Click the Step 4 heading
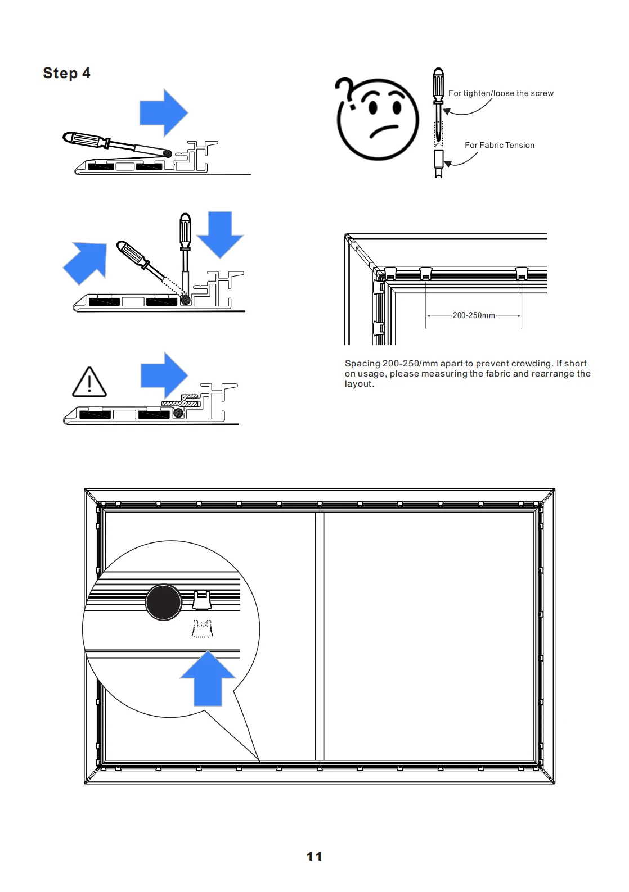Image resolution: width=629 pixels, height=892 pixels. tap(66, 73)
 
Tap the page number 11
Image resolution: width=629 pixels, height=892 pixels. tap(314, 856)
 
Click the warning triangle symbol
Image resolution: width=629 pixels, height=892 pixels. tap(89, 382)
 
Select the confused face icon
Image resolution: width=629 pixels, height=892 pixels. tap(378, 119)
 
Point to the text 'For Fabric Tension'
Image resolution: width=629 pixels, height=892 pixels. tap(499, 145)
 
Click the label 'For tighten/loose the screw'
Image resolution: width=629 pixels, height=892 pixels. tap(501, 93)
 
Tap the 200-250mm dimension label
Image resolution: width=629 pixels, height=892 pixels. tap(474, 315)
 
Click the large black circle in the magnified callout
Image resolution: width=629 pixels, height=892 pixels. tap(164, 602)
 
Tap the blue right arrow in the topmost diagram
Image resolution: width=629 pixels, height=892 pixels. tap(163, 112)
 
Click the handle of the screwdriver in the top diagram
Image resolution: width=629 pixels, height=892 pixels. tap(84, 139)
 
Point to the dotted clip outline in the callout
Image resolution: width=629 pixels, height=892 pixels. tap(202, 628)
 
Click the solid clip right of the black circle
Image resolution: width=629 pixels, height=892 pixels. tap(202, 600)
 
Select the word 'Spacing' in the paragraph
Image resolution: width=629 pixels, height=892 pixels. tap(362, 364)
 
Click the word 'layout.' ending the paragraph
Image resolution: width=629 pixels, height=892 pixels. tap(359, 384)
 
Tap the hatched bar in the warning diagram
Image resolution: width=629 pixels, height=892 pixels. tap(181, 403)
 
